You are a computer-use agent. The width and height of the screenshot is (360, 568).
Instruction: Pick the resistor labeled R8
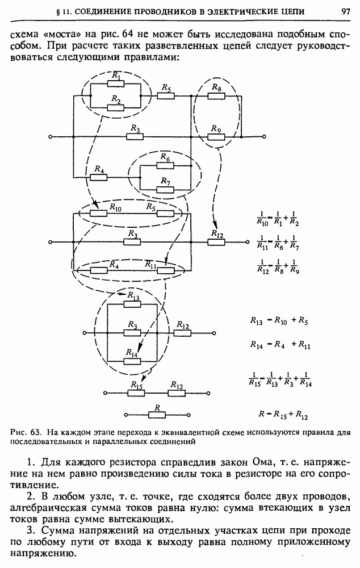(x=216, y=96)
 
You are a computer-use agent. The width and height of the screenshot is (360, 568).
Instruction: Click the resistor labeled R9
(x=216, y=137)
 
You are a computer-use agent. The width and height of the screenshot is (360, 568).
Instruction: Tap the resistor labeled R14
(x=132, y=361)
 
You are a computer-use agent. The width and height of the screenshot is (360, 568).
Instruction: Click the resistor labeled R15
(x=136, y=391)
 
